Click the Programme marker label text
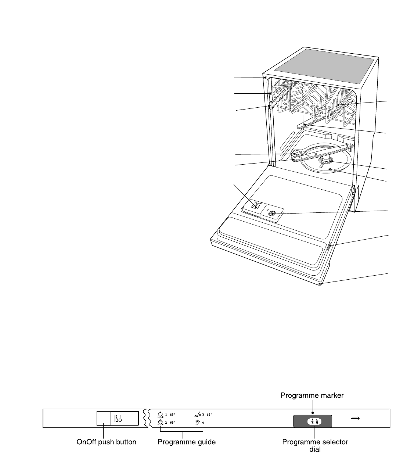tap(312, 395)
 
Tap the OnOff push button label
tap(106, 442)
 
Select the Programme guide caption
tap(186, 442)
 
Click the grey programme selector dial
tap(312, 421)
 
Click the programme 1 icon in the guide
tap(160, 415)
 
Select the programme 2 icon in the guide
tap(160, 422)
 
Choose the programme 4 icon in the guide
tap(197, 422)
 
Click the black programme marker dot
tap(312, 412)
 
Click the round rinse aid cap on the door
tap(272, 214)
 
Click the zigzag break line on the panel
tap(145, 419)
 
